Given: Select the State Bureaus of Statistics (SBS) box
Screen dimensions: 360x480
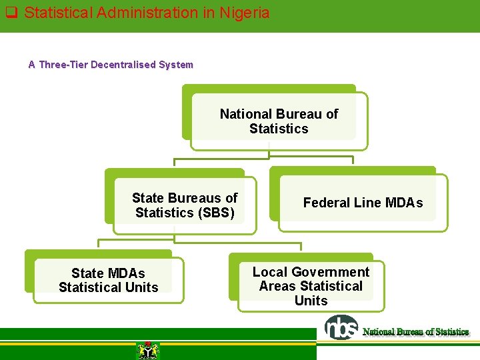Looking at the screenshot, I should click(185, 205).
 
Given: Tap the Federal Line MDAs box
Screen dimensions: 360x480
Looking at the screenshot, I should click(363, 203).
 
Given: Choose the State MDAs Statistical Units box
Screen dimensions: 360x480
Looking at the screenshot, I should click(108, 280).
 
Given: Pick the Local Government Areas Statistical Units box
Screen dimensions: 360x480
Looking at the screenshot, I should click(311, 286).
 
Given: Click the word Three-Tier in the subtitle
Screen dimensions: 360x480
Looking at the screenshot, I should click(63, 65).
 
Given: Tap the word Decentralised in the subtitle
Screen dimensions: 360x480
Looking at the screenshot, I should click(123, 65).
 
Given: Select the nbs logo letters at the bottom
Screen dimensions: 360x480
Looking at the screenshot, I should click(341, 327).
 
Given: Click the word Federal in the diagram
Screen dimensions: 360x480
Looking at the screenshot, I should click(327, 203).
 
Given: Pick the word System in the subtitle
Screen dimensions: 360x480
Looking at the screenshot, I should click(177, 65).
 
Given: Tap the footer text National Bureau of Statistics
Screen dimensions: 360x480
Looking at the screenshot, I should click(415, 331).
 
